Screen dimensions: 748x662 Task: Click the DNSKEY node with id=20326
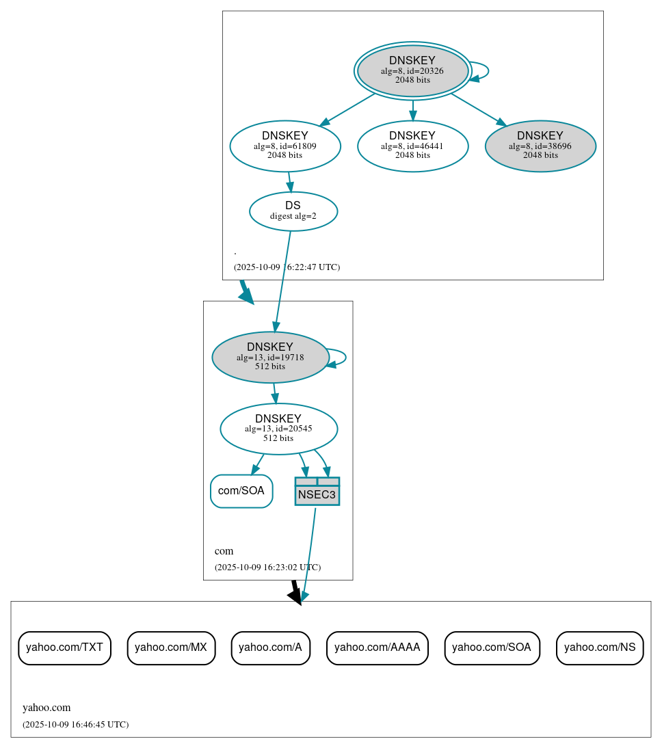point(412,70)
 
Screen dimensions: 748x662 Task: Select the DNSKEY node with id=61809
point(285,146)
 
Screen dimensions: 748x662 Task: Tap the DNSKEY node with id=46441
point(412,146)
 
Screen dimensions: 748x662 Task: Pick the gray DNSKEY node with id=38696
point(540,146)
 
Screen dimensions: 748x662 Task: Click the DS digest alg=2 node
point(293,211)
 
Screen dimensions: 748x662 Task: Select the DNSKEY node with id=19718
point(270,357)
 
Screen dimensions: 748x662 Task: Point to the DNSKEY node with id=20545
point(278,429)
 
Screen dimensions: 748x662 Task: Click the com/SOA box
point(241,491)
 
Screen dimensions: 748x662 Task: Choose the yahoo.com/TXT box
point(64,647)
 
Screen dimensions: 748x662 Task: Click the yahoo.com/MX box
point(171,647)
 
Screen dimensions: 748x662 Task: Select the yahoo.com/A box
point(270,647)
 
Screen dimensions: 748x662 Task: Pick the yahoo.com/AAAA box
point(378,647)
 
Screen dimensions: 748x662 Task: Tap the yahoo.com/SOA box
point(492,647)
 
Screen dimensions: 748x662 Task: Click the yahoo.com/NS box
point(600,647)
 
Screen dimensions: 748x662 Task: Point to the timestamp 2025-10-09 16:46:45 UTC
point(75,724)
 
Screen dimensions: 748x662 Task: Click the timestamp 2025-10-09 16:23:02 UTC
point(267,567)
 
